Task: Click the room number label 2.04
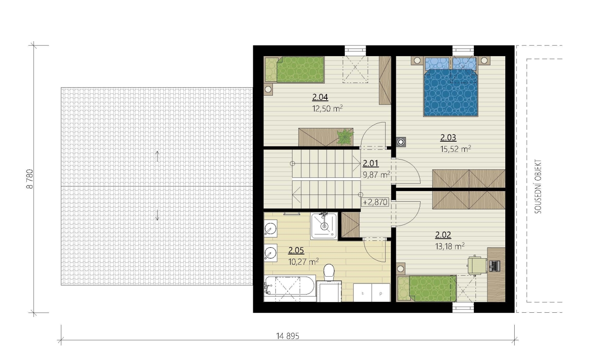[x=320, y=97]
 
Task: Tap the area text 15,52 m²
[x=456, y=149]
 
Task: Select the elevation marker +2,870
[x=375, y=202]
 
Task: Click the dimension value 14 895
[x=288, y=336]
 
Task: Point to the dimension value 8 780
[x=30, y=179]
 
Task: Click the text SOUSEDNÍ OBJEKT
[x=538, y=186]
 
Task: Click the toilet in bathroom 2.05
[x=329, y=272]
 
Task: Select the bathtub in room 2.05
[x=290, y=289]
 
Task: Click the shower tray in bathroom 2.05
[x=324, y=226]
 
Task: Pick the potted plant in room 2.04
[x=345, y=137]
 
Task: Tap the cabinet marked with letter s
[x=362, y=293]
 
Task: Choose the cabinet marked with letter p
[x=381, y=293]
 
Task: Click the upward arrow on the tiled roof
[x=157, y=156]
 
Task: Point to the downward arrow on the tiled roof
[x=157, y=215]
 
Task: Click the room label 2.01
[x=370, y=163]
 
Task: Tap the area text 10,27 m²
[x=304, y=262]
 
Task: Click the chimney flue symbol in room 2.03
[x=401, y=142]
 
